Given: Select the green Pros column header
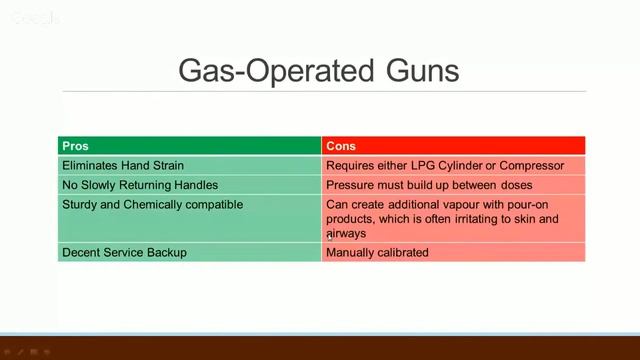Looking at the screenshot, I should pyautogui.click(x=190, y=146).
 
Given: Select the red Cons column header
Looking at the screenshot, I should pyautogui.click(x=453, y=146).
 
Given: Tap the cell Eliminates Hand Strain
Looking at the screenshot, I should pyautogui.click(x=123, y=165).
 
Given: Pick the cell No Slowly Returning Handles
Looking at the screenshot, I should pyautogui.click(x=140, y=185).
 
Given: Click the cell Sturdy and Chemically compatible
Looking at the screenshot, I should pyautogui.click(x=152, y=204).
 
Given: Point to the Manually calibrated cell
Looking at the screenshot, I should pyautogui.click(x=377, y=252).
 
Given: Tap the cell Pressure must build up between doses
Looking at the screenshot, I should pyautogui.click(x=429, y=185).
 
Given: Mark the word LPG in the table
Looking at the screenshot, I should pyautogui.click(x=427, y=165).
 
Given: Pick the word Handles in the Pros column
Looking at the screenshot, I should pyautogui.click(x=195, y=185).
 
